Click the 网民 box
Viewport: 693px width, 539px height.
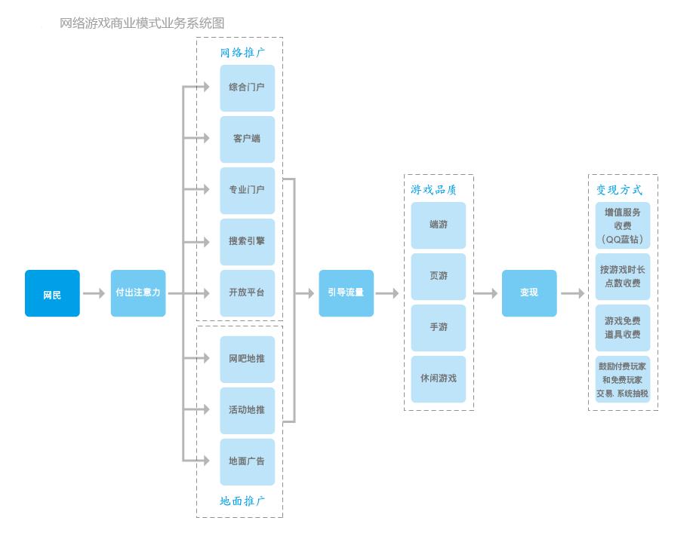[x=52, y=293]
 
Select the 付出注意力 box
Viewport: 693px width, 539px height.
[x=138, y=293]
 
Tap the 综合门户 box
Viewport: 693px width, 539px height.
[x=247, y=87]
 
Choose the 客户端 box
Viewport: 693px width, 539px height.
[x=247, y=139]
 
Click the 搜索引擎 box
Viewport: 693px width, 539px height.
[x=247, y=242]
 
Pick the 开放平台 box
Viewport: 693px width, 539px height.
[x=247, y=293]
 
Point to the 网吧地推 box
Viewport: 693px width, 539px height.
[x=247, y=359]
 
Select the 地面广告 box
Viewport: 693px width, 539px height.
[x=247, y=461]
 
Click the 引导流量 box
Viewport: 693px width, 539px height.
[x=346, y=293]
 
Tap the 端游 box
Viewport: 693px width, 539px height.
[x=439, y=225]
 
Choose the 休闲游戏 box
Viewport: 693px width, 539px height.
[x=439, y=378]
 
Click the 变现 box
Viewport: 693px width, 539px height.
[x=529, y=293]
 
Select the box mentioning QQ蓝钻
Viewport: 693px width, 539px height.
[x=622, y=225]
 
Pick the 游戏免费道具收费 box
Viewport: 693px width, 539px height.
[x=622, y=328]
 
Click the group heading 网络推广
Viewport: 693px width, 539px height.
[x=242, y=53]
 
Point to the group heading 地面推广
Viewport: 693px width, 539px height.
[x=242, y=501]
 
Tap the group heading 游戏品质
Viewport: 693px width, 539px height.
[x=433, y=190]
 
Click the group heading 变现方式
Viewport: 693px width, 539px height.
[x=619, y=190]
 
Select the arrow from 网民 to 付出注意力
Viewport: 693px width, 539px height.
[x=94, y=293]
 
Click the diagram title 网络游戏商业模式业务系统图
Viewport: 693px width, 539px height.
[x=142, y=23]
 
